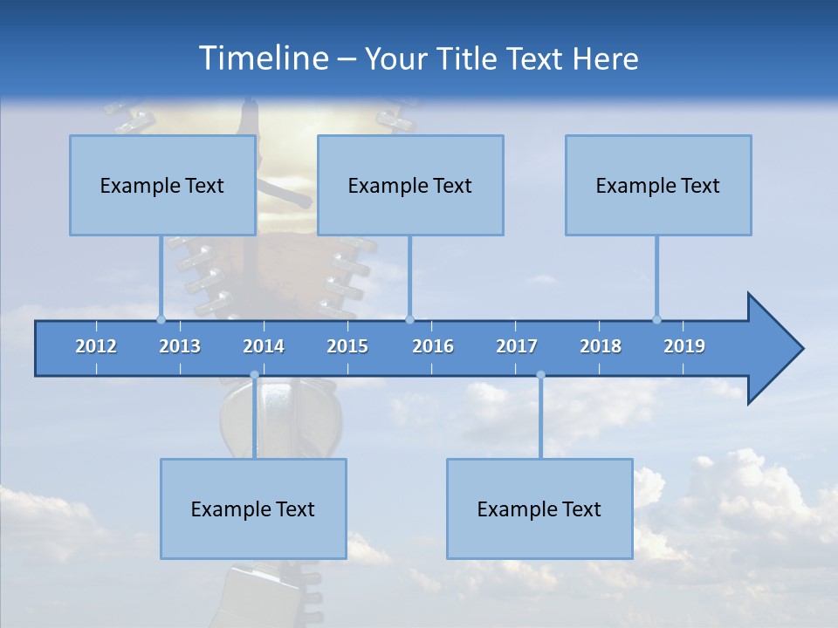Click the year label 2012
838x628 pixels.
(96, 346)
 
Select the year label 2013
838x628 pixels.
(180, 346)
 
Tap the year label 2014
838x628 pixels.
(264, 346)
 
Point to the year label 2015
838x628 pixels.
(347, 346)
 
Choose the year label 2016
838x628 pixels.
(433, 346)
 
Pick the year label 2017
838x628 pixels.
(517, 346)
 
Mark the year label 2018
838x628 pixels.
(601, 346)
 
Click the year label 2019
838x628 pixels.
(684, 346)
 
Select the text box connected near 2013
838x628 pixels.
(162, 185)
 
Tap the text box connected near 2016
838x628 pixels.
(410, 185)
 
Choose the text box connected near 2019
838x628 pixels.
(658, 185)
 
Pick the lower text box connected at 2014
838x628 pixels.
(253, 509)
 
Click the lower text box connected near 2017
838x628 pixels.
(539, 509)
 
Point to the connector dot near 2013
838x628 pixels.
(161, 319)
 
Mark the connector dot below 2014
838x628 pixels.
(254, 375)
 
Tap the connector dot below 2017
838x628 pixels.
(540, 375)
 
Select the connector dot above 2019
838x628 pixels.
(656, 319)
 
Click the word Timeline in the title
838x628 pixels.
(262, 58)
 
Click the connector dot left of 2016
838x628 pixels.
(409, 319)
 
